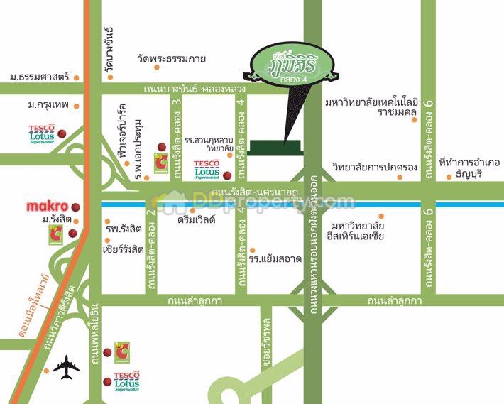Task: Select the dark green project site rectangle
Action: (278, 148)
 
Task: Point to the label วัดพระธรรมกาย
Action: (172, 60)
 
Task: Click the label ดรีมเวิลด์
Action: (197, 221)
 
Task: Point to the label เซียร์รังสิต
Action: (124, 249)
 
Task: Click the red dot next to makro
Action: (75, 207)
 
